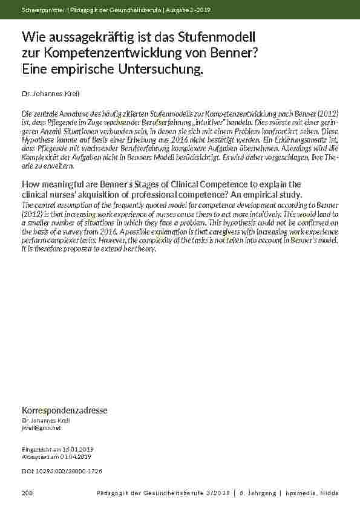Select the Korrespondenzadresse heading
tap(65, 410)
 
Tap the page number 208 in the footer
tap(27, 494)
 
